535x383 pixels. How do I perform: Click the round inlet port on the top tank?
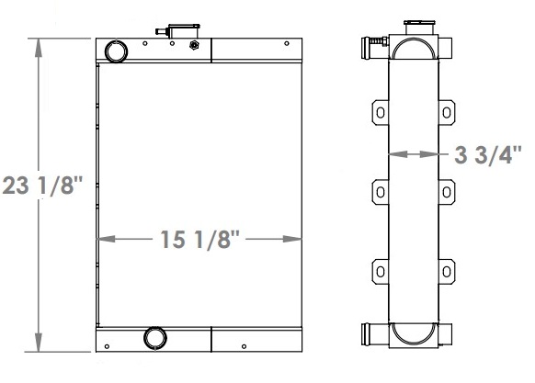pyautogui.click(x=118, y=51)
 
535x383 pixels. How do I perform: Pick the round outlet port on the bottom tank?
pyautogui.click(x=154, y=338)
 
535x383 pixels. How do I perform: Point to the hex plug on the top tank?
pyautogui.click(x=193, y=46)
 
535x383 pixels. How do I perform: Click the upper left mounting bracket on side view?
pyautogui.click(x=380, y=112)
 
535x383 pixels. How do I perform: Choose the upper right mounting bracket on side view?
pyautogui.click(x=446, y=112)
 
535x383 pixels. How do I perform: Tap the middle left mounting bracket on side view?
pyautogui.click(x=380, y=192)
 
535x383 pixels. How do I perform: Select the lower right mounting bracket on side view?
pyautogui.click(x=446, y=271)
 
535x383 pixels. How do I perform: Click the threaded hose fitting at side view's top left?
pyautogui.click(x=376, y=42)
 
